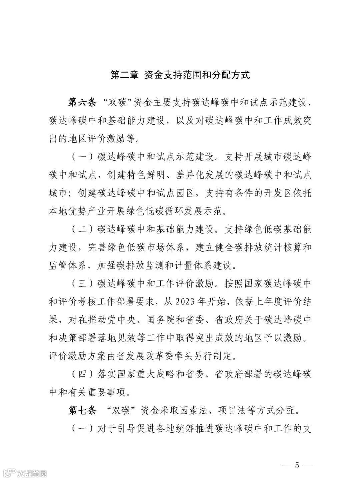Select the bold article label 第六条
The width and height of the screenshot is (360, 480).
click(82, 102)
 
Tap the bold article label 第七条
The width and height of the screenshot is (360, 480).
click(82, 410)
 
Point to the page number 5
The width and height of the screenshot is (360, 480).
click(297, 465)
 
